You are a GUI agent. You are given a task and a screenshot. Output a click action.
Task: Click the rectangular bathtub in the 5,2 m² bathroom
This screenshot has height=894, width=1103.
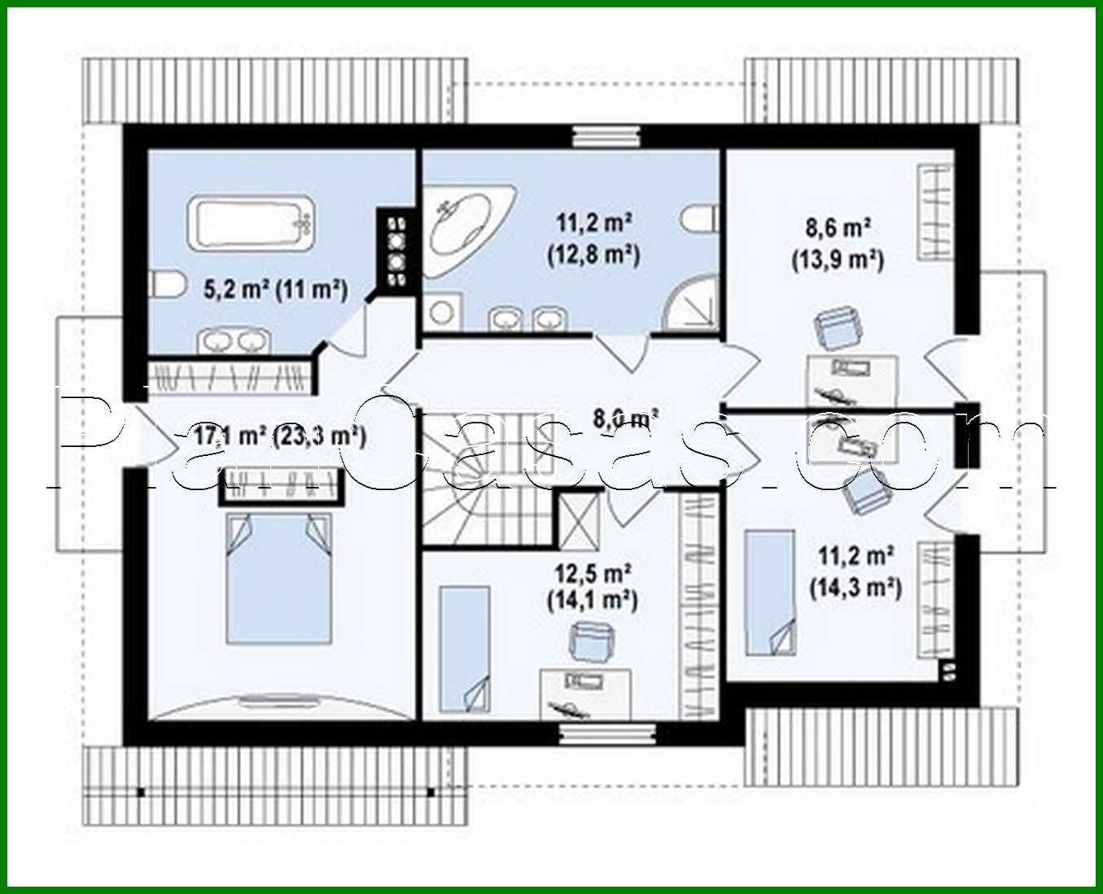[253, 222]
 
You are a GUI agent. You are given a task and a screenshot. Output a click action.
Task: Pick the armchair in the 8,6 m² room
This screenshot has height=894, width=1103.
[838, 329]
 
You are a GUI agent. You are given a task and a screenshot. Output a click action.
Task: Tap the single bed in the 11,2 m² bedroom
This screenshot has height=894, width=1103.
[769, 591]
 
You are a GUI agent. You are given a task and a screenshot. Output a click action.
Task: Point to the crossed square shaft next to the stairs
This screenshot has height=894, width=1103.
[578, 519]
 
